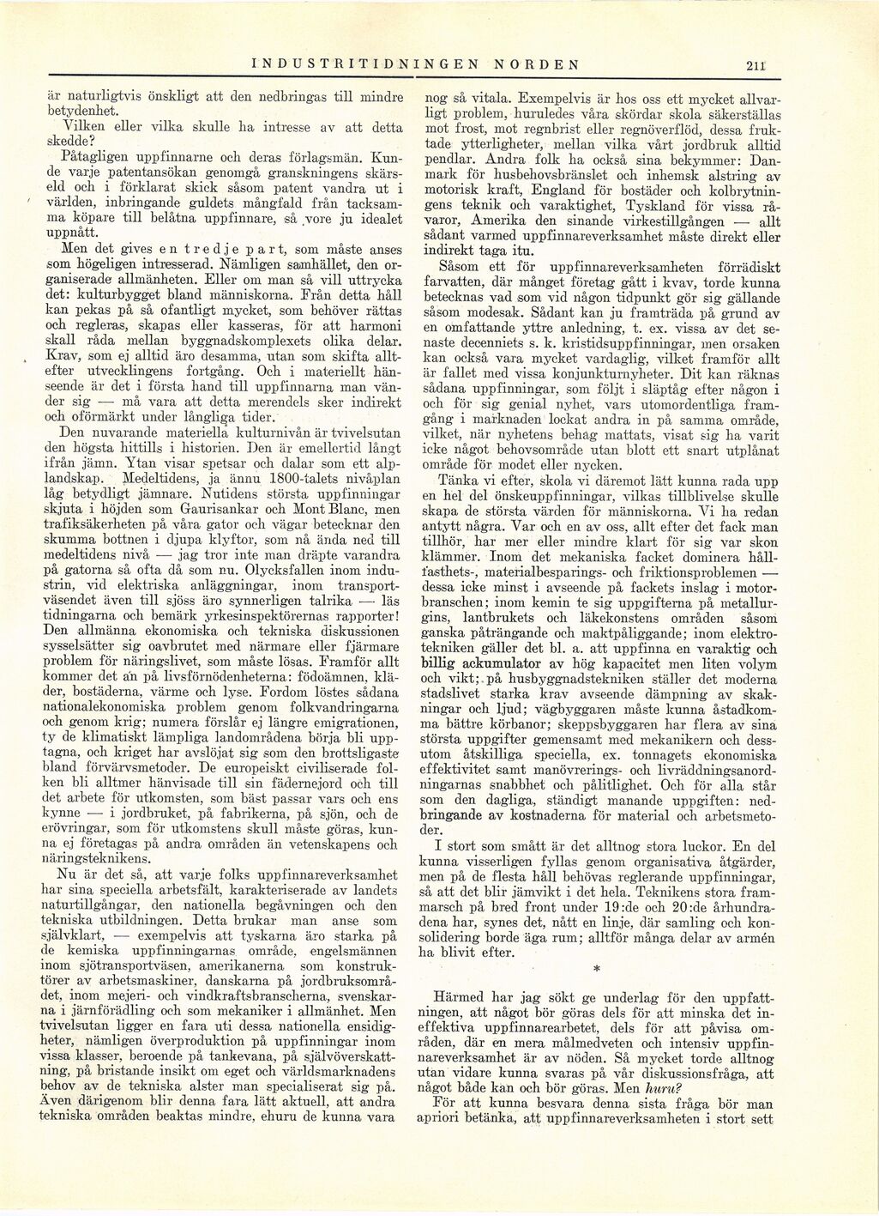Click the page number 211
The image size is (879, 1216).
[x=755, y=64]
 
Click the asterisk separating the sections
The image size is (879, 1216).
[x=596, y=967]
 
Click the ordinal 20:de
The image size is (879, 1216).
[x=675, y=904]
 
